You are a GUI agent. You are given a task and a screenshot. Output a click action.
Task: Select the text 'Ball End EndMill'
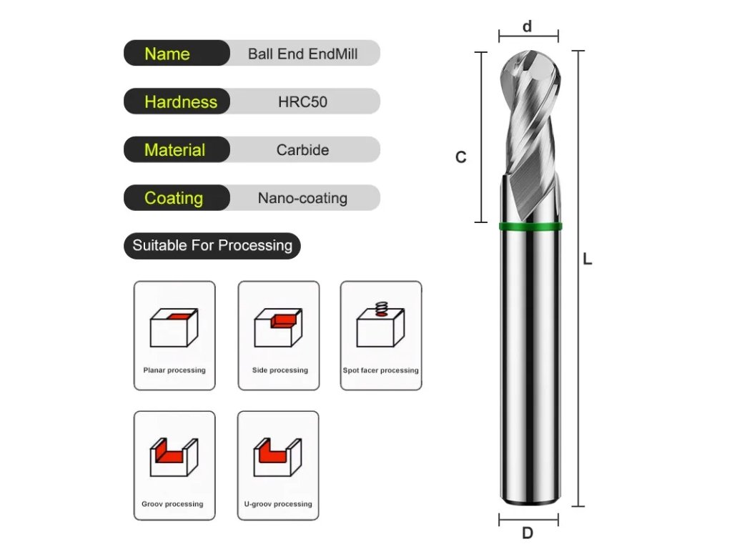tap(302, 54)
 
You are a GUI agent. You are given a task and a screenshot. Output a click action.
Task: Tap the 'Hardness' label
tap(180, 102)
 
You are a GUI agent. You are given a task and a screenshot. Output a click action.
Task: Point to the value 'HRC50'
tap(302, 102)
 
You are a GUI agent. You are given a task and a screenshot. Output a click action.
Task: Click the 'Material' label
tap(175, 150)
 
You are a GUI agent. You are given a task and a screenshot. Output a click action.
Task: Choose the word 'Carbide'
tap(302, 150)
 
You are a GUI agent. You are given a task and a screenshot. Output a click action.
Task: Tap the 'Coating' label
tap(174, 198)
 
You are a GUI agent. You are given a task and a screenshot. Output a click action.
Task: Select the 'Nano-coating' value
tap(302, 198)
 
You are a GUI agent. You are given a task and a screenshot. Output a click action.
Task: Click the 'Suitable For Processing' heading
tap(212, 246)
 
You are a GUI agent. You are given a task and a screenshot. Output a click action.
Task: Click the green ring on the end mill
tap(530, 227)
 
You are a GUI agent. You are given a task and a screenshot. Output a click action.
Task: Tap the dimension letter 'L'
tap(588, 260)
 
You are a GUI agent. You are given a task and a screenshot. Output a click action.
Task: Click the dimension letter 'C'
tap(461, 157)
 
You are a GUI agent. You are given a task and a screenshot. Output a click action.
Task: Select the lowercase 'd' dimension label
tap(528, 26)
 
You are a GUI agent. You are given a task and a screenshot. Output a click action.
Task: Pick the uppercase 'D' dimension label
tap(528, 533)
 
